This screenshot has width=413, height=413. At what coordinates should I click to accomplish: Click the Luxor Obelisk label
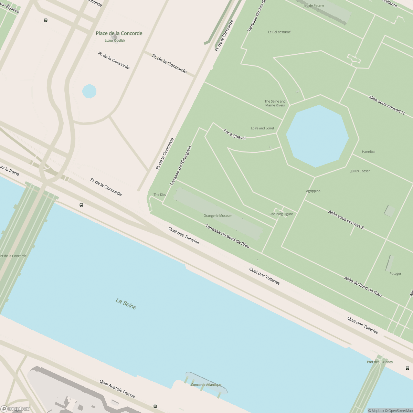pos(115,41)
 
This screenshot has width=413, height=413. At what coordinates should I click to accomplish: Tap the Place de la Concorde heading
pos(119,33)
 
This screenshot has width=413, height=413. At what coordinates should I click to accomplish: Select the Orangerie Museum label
pos(218,216)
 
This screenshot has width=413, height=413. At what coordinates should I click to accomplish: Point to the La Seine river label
pos(126,304)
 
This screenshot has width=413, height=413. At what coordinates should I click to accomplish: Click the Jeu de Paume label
pos(314,6)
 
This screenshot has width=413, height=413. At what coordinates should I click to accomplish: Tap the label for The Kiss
pos(160,195)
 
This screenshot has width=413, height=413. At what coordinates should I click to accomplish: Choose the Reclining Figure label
pos(281,214)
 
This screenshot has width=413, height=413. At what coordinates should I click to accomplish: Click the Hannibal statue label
pos(369,152)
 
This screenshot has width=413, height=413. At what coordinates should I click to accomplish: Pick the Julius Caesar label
pos(360,171)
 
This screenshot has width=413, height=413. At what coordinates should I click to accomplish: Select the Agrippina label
pos(313,191)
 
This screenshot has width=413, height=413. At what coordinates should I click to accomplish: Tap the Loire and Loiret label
pos(263,128)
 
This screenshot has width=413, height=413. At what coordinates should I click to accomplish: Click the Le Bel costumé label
pos(279,32)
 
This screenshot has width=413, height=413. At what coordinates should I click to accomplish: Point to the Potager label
pos(395,274)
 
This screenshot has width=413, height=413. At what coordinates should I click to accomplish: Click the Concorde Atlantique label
pos(206,385)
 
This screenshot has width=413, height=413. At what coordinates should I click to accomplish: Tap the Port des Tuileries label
pos(380,362)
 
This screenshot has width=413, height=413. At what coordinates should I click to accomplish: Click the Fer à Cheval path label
pos(234,134)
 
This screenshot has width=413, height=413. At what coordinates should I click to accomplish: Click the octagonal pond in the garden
pos(318,136)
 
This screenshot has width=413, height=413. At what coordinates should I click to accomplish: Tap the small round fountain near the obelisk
pos(89,92)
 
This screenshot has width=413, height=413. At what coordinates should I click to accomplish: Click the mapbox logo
pos(15,409)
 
